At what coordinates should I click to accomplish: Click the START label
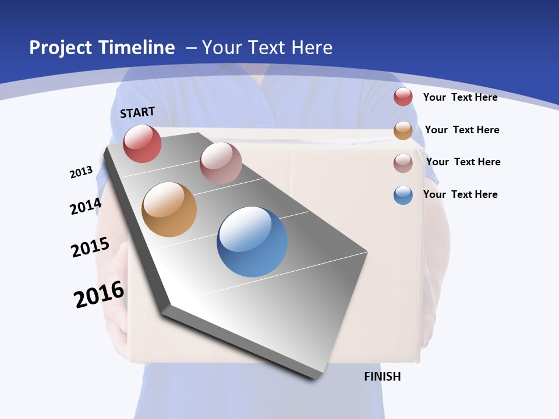click(137, 112)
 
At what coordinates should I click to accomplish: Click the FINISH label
click(382, 377)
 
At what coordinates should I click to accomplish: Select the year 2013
click(81, 172)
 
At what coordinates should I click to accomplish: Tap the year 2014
click(86, 206)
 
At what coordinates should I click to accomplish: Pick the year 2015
click(90, 247)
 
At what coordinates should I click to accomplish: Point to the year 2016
click(99, 294)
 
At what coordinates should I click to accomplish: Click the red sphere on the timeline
click(142, 143)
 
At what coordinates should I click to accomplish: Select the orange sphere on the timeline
click(169, 210)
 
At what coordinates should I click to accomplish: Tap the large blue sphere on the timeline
click(252, 242)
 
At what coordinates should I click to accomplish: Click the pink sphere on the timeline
click(221, 163)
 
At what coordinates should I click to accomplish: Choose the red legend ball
click(403, 97)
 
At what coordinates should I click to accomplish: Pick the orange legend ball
click(403, 130)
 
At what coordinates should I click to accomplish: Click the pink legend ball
click(403, 163)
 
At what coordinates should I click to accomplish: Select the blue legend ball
click(403, 195)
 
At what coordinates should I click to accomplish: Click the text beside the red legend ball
click(460, 97)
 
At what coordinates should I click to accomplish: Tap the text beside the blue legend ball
click(460, 194)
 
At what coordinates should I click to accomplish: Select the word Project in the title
click(61, 48)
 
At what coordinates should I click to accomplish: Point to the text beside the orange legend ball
click(462, 130)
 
